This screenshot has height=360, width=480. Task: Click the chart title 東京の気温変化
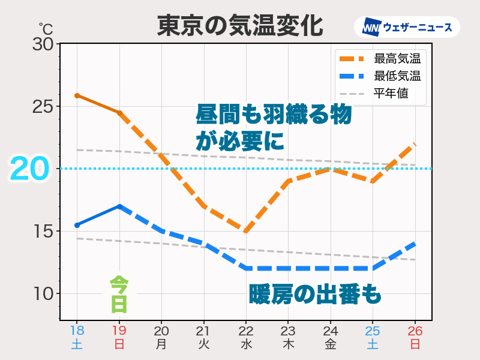pyautogui.click(x=240, y=26)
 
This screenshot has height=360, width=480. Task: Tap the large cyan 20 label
pyautogui.click(x=29, y=169)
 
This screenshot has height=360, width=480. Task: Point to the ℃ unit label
pyautogui.click(x=46, y=28)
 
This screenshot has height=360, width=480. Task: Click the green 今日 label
pyautogui.click(x=119, y=295)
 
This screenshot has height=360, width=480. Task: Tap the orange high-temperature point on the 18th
pyautogui.click(x=77, y=95)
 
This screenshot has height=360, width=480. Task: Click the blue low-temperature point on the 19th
pyautogui.click(x=119, y=206)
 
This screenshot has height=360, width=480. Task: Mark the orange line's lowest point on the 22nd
pyautogui.click(x=246, y=231)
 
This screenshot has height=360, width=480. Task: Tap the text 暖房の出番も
pyautogui.click(x=315, y=295)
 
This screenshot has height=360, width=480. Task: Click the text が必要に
pyautogui.click(x=239, y=142)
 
